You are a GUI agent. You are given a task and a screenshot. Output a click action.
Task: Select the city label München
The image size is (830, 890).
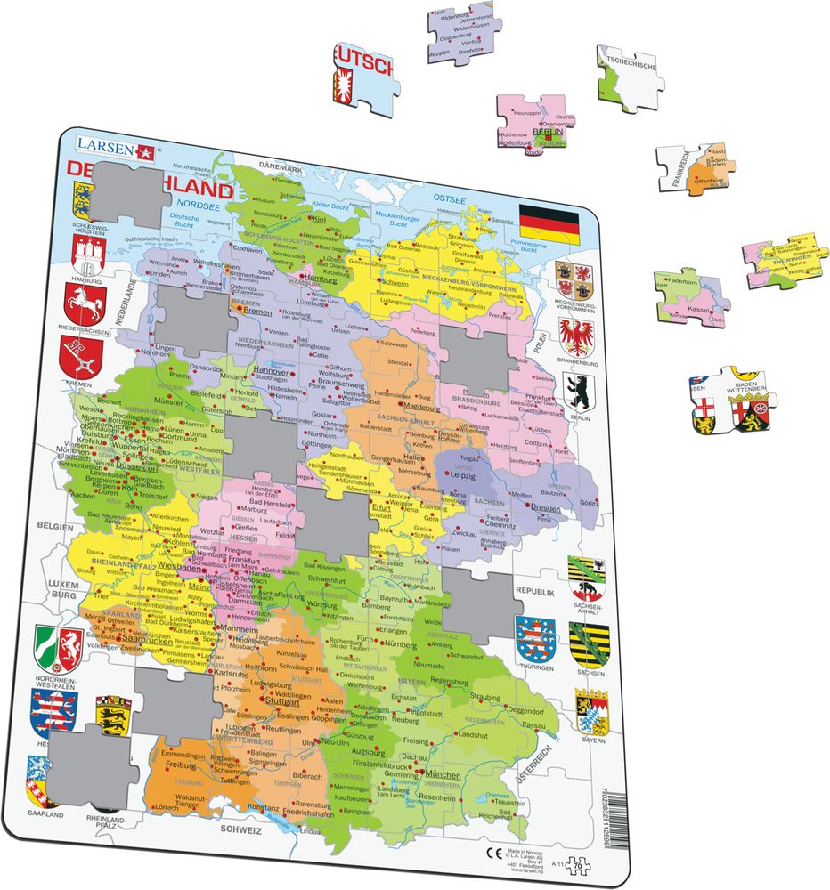click(442, 775)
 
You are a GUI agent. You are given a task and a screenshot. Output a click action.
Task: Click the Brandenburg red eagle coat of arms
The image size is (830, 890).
click(576, 337)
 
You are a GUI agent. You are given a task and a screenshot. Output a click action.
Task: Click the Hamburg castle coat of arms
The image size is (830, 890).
click(85, 255)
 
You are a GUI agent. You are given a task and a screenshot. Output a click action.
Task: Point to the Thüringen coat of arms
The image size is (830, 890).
click(534, 638)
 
